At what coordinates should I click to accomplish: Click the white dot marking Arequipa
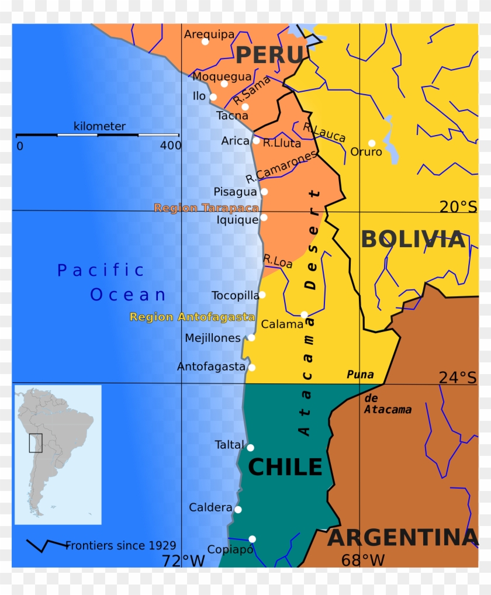click(x=205, y=41)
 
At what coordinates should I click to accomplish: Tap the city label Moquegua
click(x=222, y=77)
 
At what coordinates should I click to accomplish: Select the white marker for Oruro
click(x=372, y=143)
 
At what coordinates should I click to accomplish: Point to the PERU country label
click(x=270, y=55)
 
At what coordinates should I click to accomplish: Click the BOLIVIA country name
click(x=413, y=240)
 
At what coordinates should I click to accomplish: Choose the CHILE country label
click(x=285, y=467)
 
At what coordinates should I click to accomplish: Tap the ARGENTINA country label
click(x=403, y=538)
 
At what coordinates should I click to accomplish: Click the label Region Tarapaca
click(x=206, y=207)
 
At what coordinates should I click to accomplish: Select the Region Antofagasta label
click(x=192, y=317)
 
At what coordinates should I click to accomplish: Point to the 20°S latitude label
click(x=458, y=206)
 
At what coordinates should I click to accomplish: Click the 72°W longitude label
click(x=184, y=561)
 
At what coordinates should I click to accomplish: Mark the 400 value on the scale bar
click(x=170, y=146)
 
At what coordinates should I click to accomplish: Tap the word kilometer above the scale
click(x=99, y=126)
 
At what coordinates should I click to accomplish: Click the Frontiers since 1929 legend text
click(x=120, y=545)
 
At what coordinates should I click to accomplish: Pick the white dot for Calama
click(x=304, y=314)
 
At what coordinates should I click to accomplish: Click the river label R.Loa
click(x=278, y=261)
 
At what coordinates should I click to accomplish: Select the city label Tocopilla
click(x=235, y=295)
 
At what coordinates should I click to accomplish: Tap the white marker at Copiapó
click(x=252, y=539)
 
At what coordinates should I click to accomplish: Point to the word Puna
click(x=360, y=375)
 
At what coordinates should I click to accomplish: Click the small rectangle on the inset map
click(x=36, y=442)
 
